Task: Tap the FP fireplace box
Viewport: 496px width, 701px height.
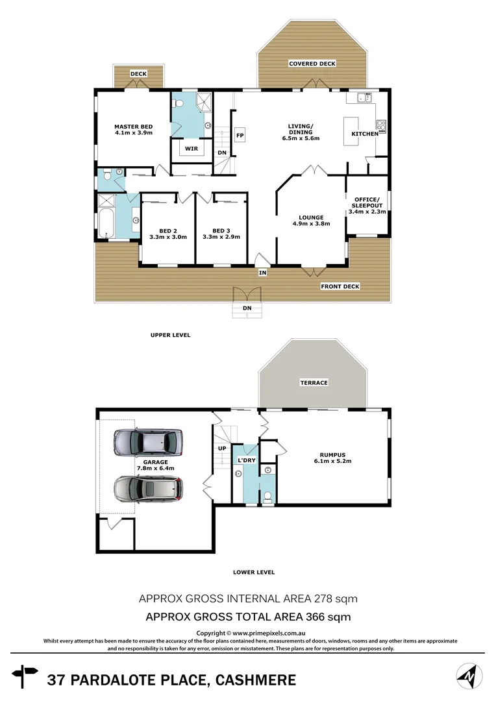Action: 239,136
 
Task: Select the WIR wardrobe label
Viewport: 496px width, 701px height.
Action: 191,149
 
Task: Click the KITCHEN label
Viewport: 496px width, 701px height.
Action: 364,134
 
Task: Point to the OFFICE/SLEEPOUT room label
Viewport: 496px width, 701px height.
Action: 367,205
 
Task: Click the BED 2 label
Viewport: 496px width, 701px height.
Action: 167,234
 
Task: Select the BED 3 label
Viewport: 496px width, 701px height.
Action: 221,234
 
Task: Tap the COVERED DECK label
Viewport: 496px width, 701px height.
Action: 312,64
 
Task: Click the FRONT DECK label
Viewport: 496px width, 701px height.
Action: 340,286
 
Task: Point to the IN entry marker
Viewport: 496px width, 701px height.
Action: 262,273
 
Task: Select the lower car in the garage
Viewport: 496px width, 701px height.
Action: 148,489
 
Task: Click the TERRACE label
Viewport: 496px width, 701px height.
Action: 314,383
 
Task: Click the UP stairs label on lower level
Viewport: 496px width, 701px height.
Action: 222,449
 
